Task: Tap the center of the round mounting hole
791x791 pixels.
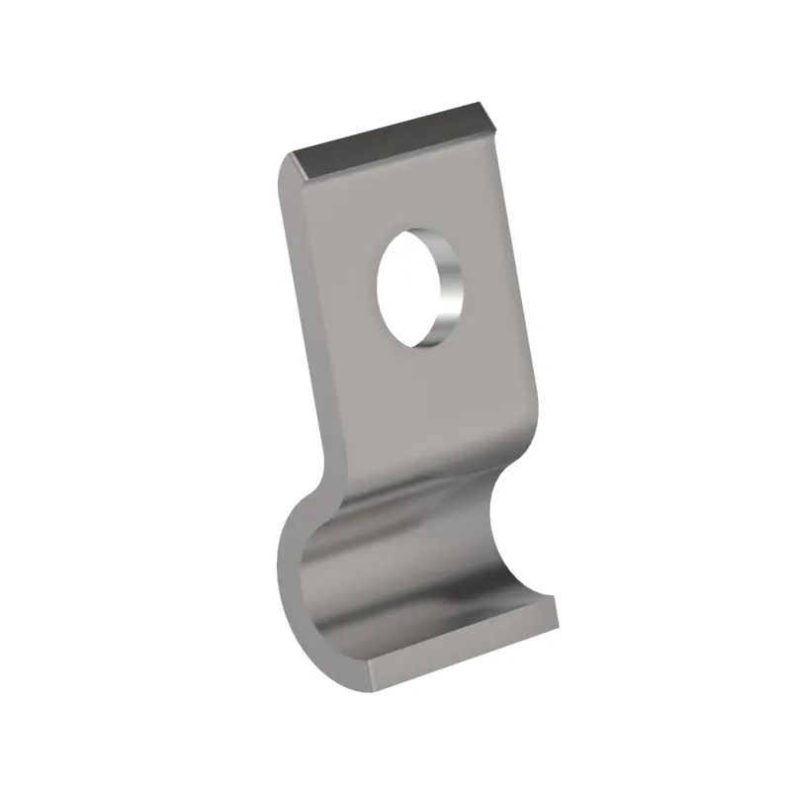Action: point(415,289)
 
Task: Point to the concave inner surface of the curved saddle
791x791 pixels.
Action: point(415,573)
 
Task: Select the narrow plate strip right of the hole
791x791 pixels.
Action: point(489,287)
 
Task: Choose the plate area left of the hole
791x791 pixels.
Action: point(341,297)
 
